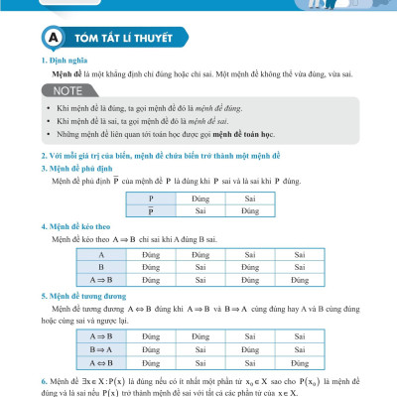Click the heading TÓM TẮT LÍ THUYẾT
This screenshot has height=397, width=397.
122,39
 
